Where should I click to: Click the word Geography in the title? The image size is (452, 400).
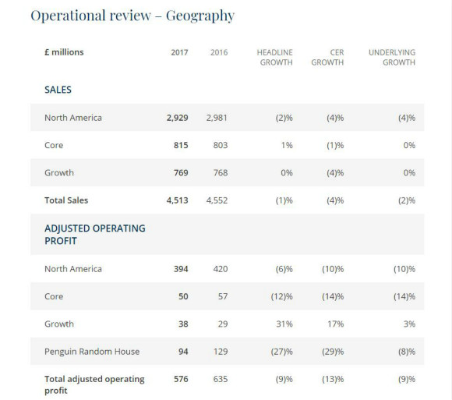200,16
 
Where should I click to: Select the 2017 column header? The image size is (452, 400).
179,52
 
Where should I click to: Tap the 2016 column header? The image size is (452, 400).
219,52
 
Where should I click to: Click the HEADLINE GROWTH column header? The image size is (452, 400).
275,58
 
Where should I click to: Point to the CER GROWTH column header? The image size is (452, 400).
327,58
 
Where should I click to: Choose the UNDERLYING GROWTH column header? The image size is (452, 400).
392,58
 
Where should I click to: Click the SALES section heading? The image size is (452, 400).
58,90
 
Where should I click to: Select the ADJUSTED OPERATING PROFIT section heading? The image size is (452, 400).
95,235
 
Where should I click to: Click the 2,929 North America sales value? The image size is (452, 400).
177,118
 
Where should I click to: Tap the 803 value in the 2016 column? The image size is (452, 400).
221,145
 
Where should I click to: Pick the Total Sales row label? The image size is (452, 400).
66,200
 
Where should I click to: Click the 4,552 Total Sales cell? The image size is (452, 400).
217,200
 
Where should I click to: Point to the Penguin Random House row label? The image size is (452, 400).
92,352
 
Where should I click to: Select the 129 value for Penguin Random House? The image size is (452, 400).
221,352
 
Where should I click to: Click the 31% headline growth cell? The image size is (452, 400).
284,324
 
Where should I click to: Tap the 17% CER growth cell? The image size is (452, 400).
336,324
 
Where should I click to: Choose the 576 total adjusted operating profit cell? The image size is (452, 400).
181,379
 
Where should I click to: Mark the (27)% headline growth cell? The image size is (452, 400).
281,352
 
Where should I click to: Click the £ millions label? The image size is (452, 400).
64,52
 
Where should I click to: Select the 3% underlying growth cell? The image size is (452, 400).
409,324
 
